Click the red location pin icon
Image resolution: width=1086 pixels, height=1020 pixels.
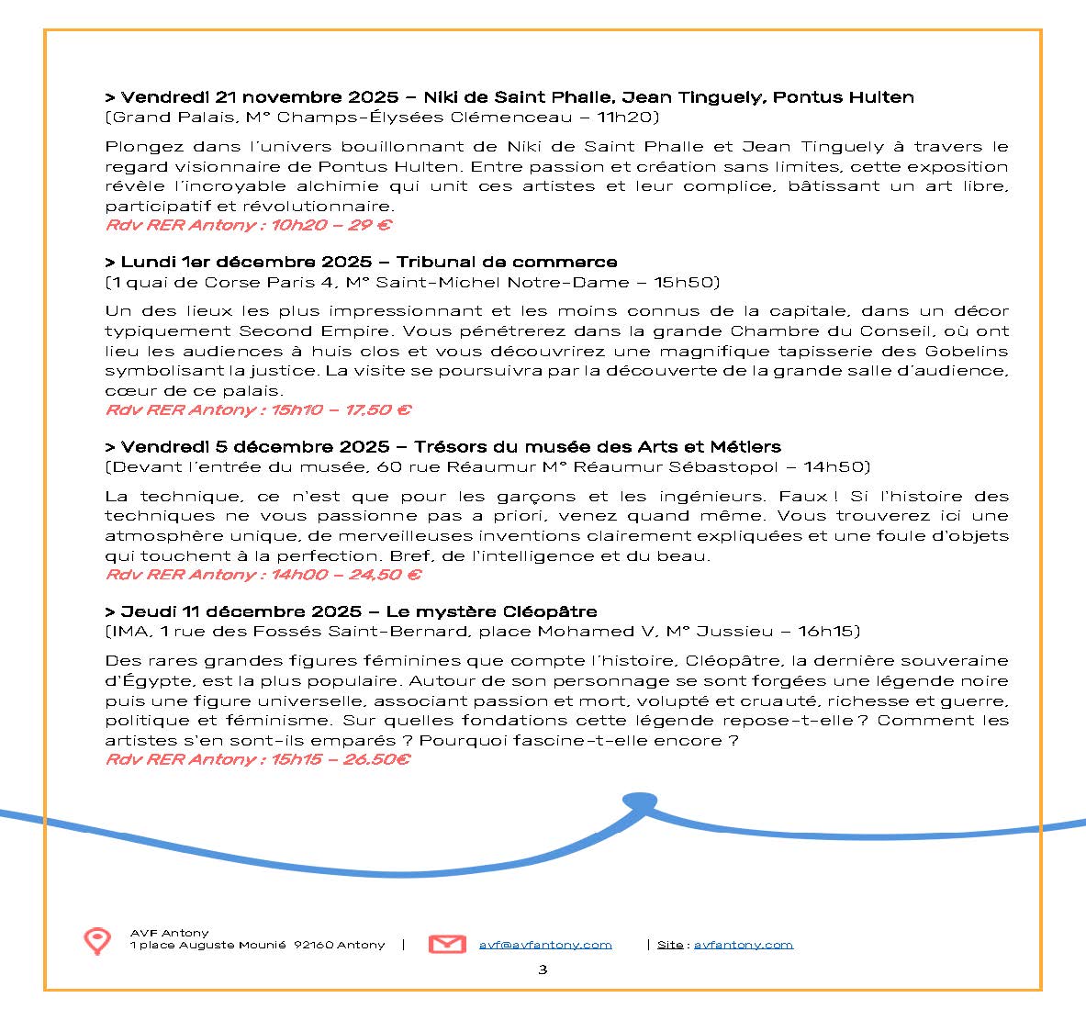click(97, 940)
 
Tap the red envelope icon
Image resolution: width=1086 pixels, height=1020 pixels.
click(447, 944)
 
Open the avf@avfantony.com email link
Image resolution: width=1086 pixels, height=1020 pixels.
click(545, 945)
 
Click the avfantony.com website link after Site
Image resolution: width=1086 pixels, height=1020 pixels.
click(743, 945)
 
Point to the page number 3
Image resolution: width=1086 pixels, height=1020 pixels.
click(543, 970)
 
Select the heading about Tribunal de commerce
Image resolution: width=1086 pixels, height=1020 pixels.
click(507, 263)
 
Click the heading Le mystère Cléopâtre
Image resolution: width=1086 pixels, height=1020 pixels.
click(491, 611)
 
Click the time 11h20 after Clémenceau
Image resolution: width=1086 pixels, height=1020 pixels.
click(627, 118)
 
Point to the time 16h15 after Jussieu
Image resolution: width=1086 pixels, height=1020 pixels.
click(829, 632)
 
